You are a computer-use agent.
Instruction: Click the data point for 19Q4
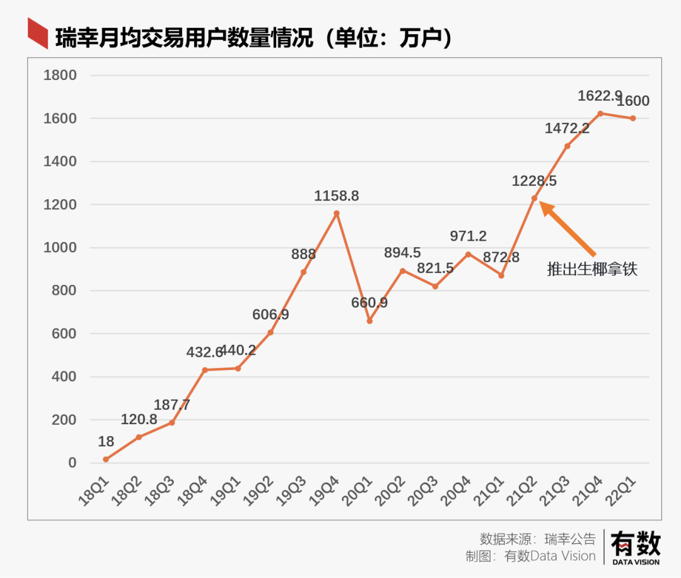337,213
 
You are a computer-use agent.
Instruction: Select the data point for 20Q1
370,321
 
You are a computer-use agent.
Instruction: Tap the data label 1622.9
600,96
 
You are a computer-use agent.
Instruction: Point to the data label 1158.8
337,196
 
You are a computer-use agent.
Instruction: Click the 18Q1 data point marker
106,460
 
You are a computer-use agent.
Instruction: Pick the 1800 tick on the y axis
60,76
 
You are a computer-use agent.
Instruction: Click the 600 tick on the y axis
64,334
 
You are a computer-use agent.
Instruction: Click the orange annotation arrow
567,228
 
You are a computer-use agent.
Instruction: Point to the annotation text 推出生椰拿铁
592,270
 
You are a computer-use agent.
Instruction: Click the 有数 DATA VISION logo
635,546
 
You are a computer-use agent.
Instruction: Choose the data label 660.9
370,303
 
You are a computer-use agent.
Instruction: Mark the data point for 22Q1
633,118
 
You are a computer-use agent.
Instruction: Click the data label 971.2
469,236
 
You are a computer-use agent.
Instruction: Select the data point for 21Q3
567,146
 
